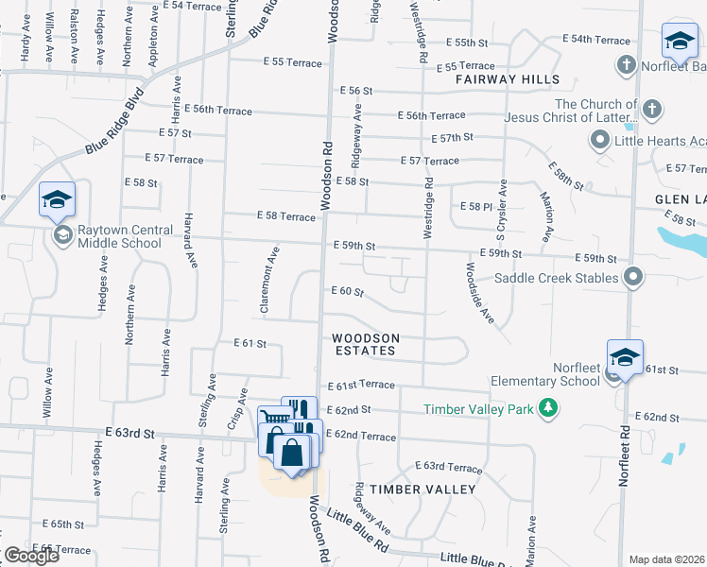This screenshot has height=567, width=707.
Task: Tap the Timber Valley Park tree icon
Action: click(547, 408)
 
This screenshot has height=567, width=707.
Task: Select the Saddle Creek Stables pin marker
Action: click(633, 278)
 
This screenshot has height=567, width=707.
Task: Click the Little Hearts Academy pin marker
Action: click(599, 141)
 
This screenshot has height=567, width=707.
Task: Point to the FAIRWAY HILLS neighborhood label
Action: click(507, 80)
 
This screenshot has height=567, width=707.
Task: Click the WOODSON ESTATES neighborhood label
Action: click(365, 344)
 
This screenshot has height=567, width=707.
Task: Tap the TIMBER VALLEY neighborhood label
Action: click(422, 489)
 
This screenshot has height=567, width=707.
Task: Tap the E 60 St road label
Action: click(346, 292)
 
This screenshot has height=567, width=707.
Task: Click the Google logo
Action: click(31, 556)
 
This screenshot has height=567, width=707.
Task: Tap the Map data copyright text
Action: click(667, 559)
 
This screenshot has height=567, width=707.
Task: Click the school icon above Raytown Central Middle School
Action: click(57, 200)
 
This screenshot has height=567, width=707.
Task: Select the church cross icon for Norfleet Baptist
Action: click(625, 65)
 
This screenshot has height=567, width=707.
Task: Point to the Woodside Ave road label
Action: click(479, 292)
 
